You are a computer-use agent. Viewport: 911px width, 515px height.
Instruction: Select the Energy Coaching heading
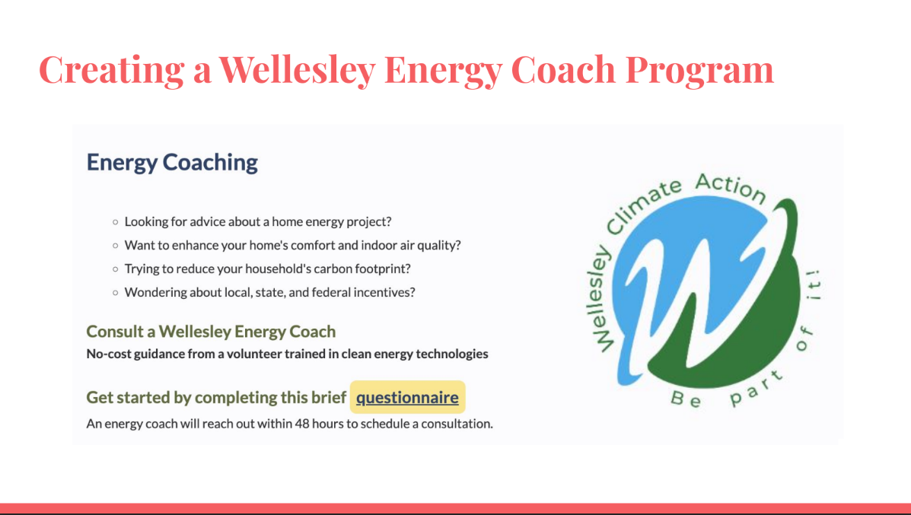172,163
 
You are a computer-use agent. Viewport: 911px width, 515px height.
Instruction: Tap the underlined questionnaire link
407,397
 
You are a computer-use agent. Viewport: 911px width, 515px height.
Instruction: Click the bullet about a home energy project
258,222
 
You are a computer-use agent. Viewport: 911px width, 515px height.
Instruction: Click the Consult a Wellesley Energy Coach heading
211,332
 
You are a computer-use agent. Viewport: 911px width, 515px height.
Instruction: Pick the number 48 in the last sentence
302,424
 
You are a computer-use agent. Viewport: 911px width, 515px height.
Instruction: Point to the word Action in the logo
731,188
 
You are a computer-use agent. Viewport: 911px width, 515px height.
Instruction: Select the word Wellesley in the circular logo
598,299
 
